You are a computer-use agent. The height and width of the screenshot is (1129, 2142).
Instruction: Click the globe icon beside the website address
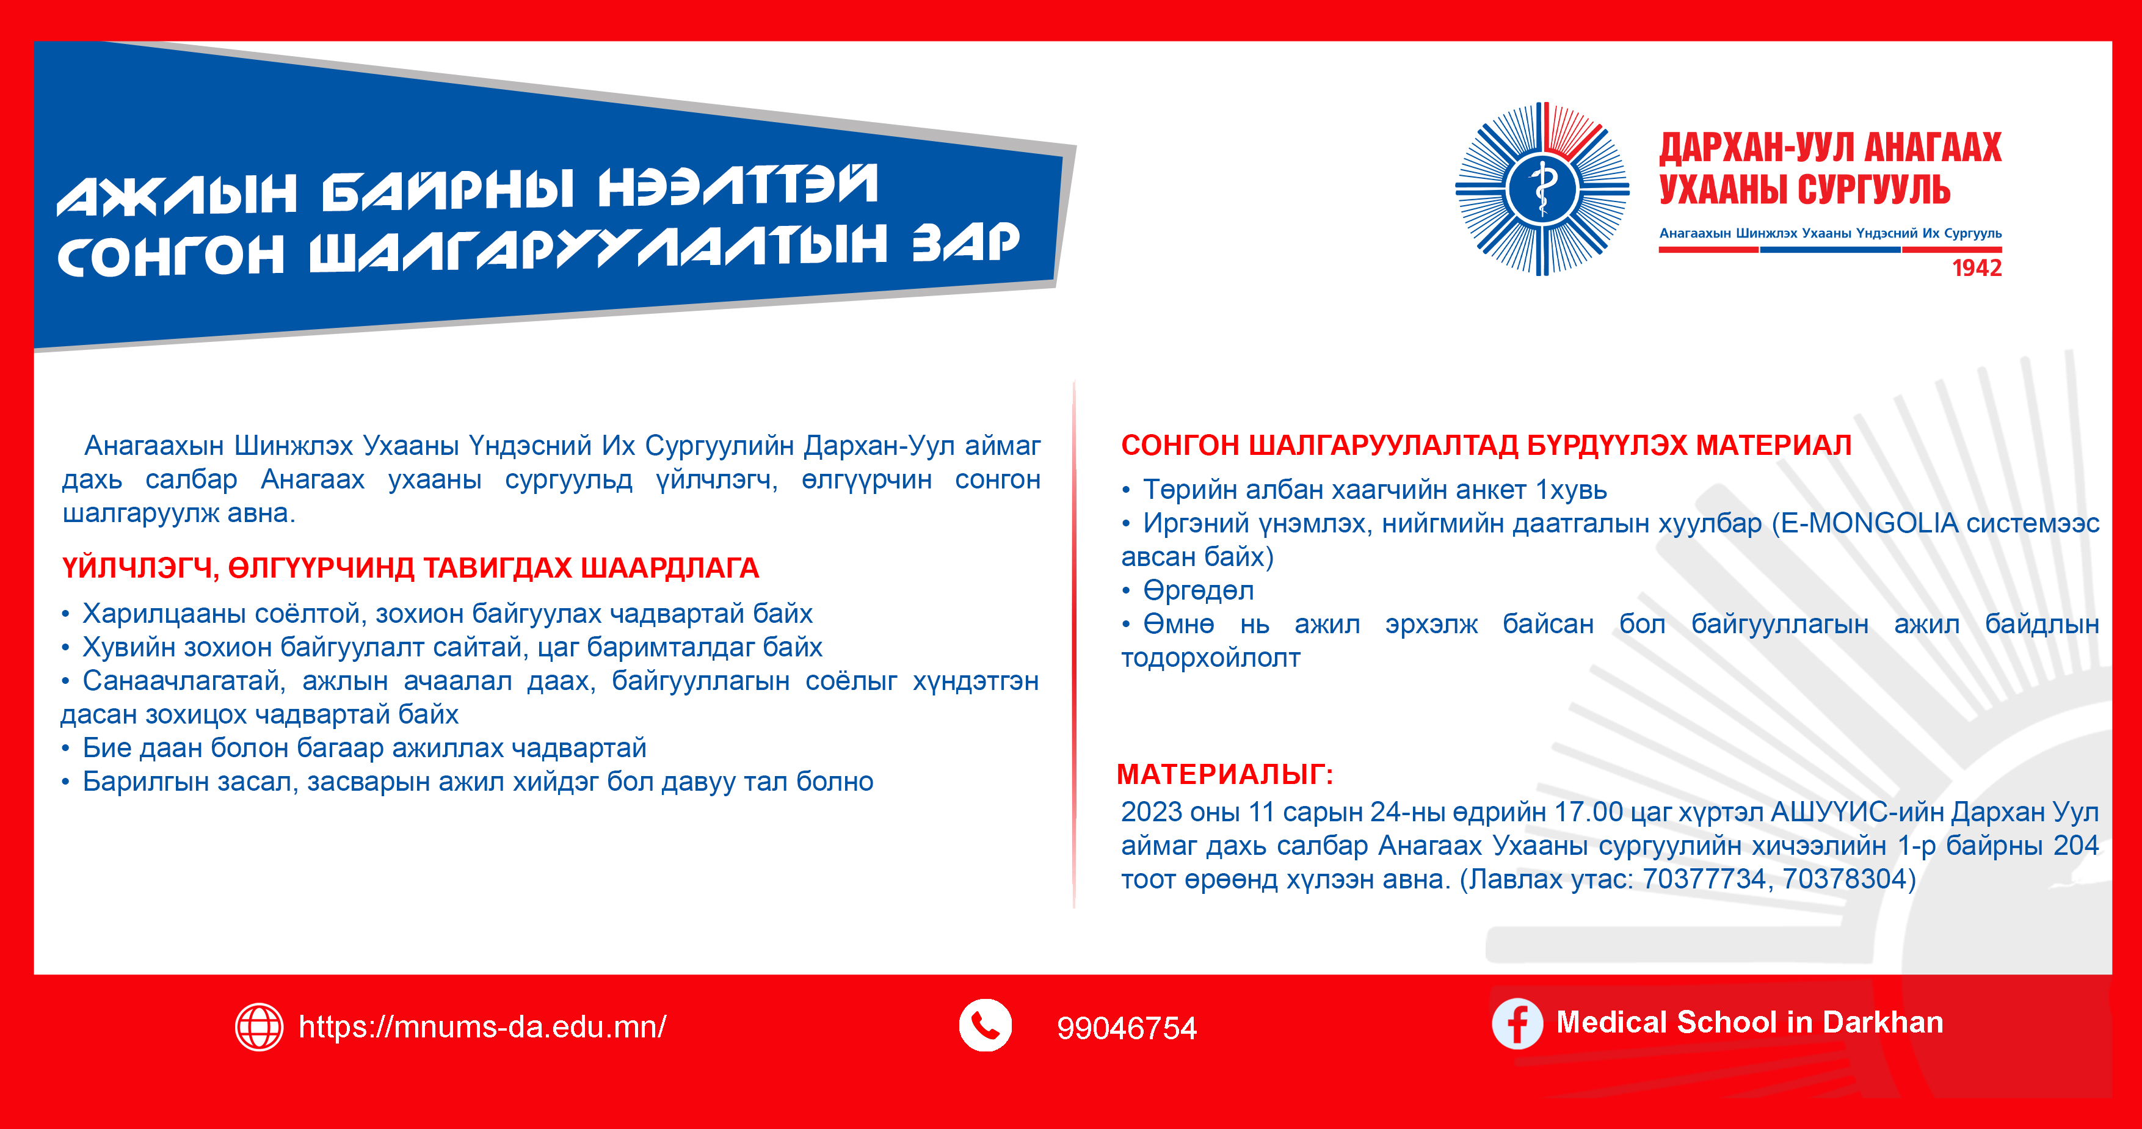pos(259,1027)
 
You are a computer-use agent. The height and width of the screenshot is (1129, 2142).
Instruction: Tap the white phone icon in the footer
pos(986,1026)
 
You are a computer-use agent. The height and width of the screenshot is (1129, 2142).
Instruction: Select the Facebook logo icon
pos(1517,1023)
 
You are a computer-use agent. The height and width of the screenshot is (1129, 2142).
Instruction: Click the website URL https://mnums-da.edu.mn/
pos(482,1028)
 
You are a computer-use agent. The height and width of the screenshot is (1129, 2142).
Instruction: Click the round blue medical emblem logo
pos(1542,189)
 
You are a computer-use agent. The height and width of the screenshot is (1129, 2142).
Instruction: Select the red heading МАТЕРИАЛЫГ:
pos(1225,775)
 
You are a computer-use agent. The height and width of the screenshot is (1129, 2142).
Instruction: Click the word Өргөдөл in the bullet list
pos(1198,591)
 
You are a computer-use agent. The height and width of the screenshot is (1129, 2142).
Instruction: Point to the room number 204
pos(2076,846)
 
